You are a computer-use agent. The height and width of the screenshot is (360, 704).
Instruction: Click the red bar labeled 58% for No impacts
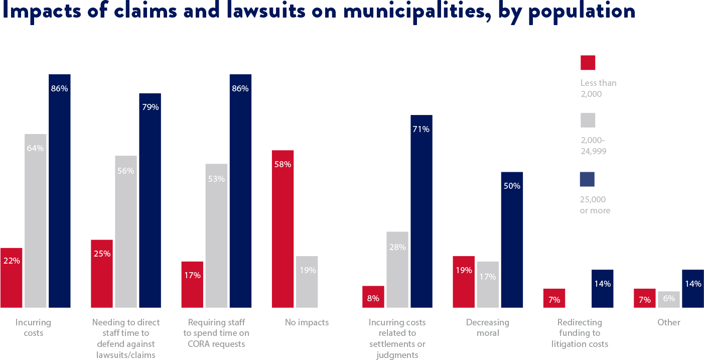pos(283,228)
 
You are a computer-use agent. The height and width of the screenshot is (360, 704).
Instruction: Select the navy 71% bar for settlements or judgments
pos(421,211)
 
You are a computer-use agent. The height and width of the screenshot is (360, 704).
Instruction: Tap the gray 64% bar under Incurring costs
pos(35,220)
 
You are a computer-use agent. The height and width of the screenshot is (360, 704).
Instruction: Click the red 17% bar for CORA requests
pos(192,284)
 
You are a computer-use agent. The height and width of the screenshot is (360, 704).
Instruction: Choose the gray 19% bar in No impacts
pos(307,282)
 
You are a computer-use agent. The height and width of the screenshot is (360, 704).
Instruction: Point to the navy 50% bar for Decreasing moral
pos(512,239)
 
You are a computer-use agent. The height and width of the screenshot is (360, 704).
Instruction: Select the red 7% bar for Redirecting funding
pos(554,298)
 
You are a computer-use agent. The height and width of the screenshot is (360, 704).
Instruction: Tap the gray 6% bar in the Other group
pos(669,299)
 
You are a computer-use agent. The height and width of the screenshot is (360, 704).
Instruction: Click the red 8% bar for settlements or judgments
pos(373,297)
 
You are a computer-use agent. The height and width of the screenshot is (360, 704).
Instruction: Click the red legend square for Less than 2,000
pos(588,63)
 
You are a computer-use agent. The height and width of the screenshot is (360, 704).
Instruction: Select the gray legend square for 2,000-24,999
pos(588,121)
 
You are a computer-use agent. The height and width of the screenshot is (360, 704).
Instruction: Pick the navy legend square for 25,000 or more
pos(587,179)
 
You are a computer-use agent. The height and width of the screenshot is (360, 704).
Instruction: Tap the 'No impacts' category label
pos(307,322)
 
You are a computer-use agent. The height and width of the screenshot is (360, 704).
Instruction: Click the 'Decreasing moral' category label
pos(487,327)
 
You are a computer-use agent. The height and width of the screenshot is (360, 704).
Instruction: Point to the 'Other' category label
pos(668,322)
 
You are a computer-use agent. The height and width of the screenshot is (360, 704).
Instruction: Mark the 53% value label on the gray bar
pos(216,178)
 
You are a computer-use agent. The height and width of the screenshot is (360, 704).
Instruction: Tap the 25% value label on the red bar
pos(102,254)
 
